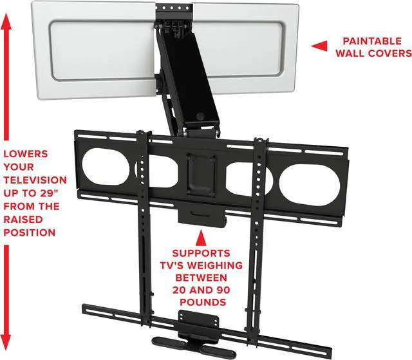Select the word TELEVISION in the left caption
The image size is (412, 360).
coord(34,180)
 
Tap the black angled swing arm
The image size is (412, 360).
coord(187,77)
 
